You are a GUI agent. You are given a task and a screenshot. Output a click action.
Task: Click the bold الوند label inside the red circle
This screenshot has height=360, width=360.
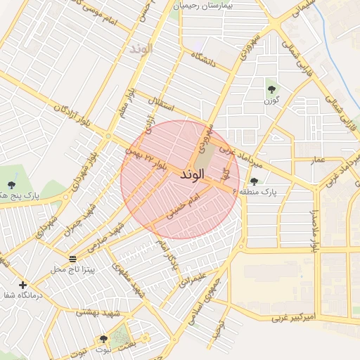click(x=192, y=173)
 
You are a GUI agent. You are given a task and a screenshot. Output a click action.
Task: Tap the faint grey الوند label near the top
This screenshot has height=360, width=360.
click(x=143, y=49)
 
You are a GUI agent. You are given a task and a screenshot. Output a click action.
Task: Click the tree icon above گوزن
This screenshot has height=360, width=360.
click(x=271, y=89)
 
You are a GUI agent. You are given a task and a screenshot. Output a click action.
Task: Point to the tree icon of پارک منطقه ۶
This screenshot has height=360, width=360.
click(x=254, y=181)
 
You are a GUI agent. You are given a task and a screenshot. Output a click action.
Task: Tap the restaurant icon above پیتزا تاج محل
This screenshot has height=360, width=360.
click(x=73, y=259)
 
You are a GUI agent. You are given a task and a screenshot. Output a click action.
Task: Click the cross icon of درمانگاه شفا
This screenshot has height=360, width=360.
click(x=23, y=285)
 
